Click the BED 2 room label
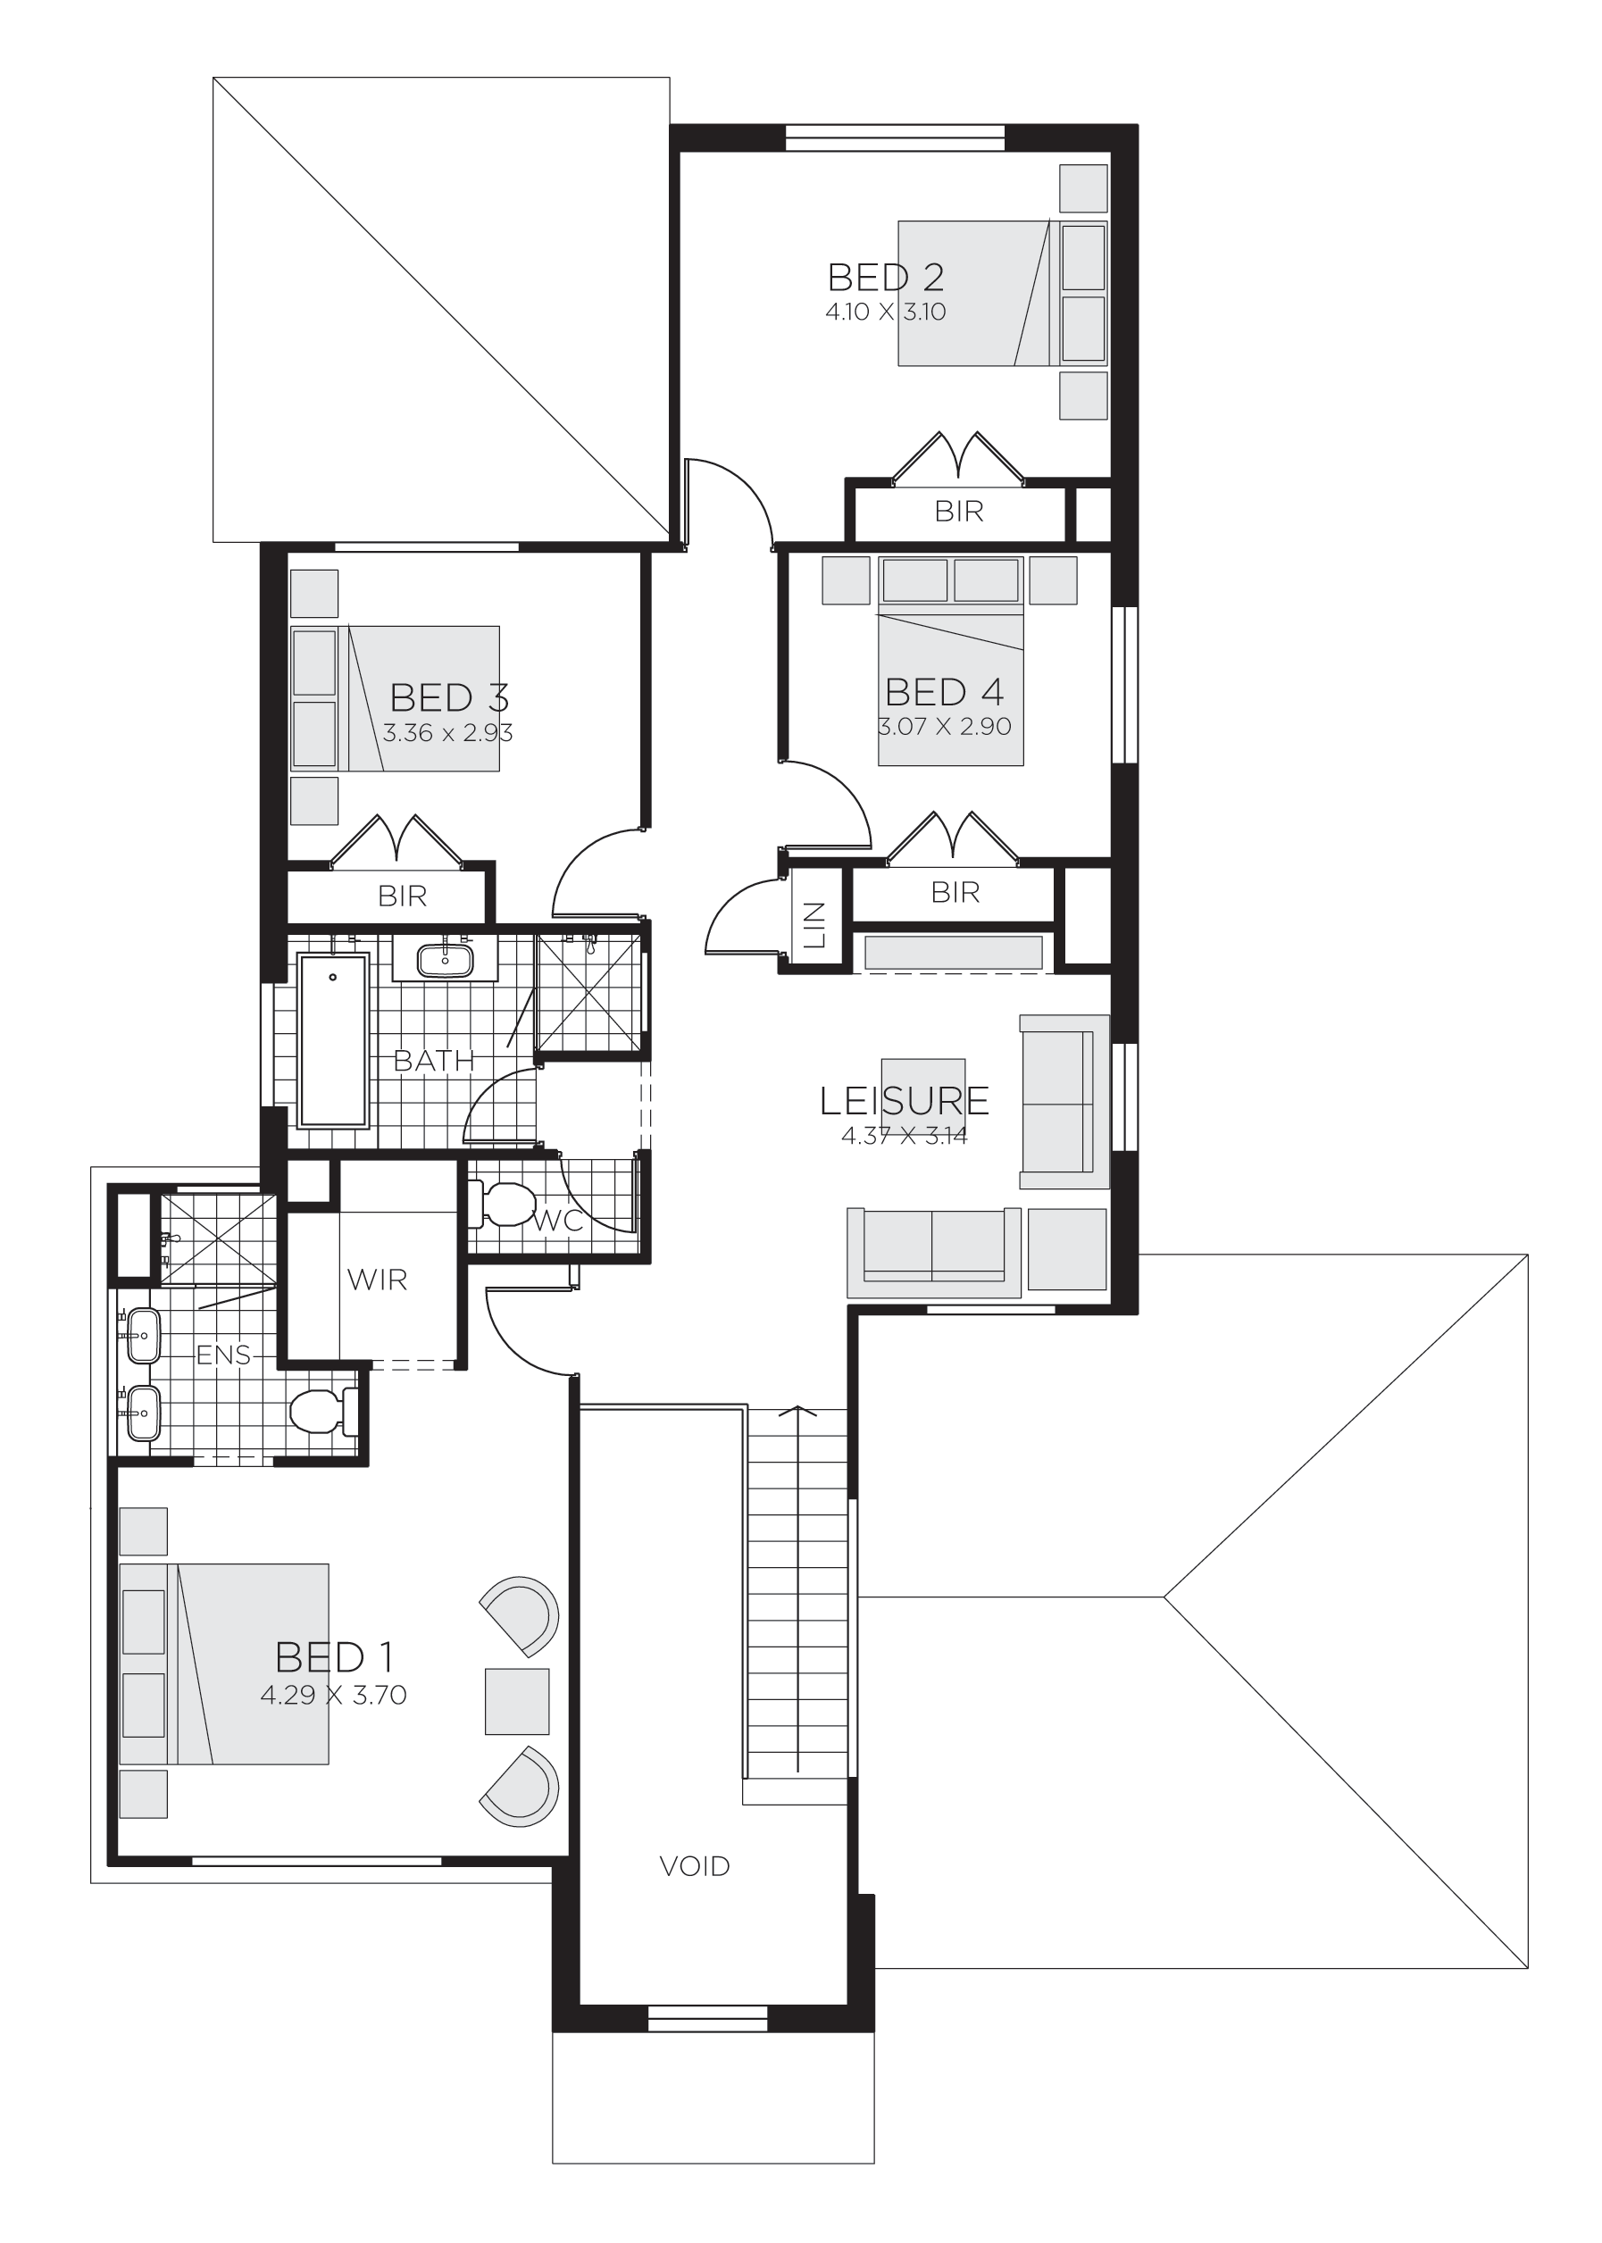point(885,277)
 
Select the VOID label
point(695,1865)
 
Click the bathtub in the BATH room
point(332,1039)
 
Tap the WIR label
point(377,1280)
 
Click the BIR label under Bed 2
point(958,511)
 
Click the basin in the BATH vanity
point(443,959)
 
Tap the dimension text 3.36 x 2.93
point(448,733)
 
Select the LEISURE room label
point(904,1100)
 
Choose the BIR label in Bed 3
point(402,895)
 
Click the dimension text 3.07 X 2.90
point(944,727)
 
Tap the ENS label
point(223,1355)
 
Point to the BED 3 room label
point(449,697)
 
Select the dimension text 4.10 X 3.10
point(885,313)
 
